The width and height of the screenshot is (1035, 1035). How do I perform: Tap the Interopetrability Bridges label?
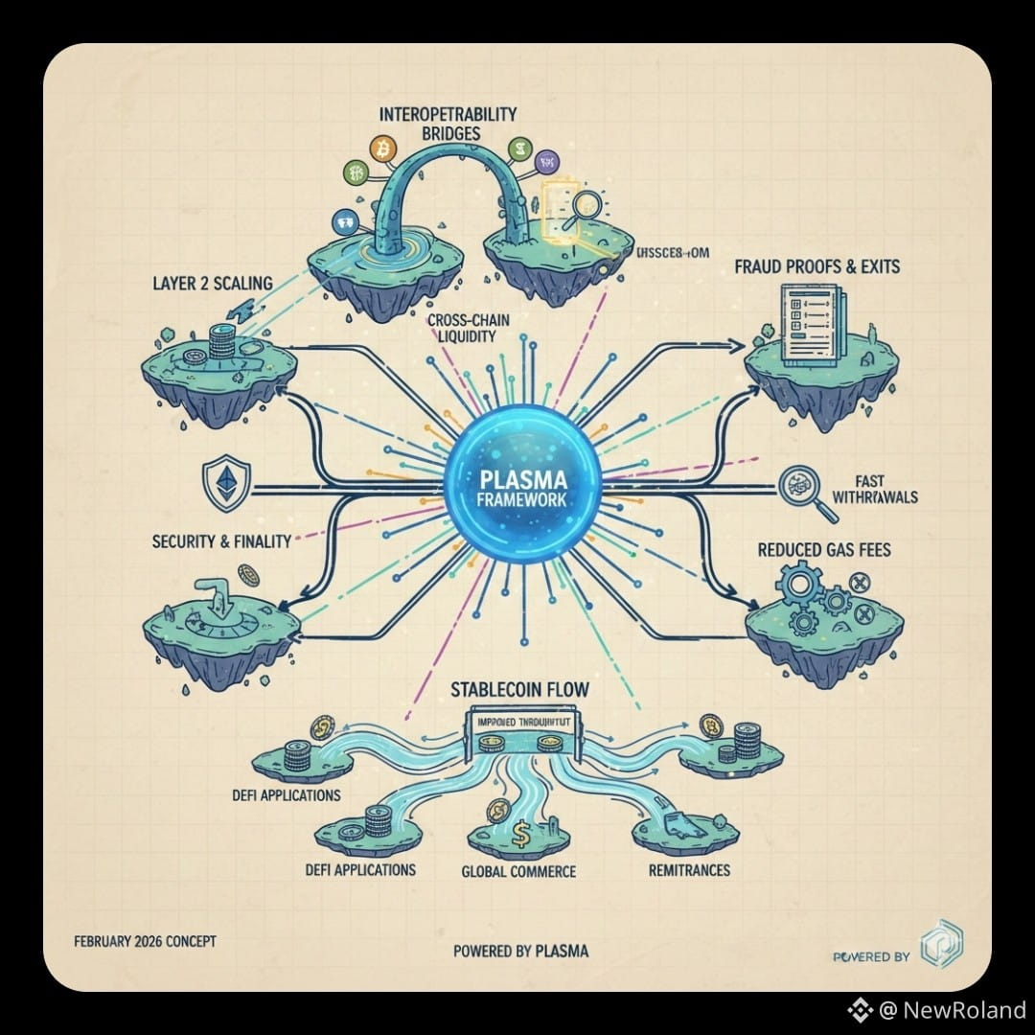[448, 123]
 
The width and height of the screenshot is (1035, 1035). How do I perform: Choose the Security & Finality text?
[221, 541]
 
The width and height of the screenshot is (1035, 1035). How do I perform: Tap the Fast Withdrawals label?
[885, 490]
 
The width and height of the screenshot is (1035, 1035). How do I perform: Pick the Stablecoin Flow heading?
[521, 689]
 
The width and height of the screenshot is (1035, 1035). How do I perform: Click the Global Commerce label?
[518, 871]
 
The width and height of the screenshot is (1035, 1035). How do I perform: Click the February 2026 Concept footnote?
[145, 941]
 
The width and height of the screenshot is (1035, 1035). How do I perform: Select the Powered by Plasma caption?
[521, 951]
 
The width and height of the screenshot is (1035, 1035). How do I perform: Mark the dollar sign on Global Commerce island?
[520, 836]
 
